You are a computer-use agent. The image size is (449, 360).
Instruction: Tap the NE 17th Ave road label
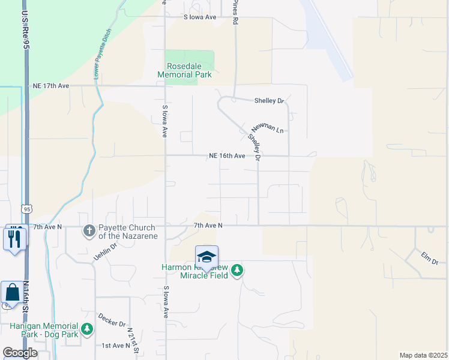point(52,86)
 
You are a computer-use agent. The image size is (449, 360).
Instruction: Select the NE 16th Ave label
point(227,155)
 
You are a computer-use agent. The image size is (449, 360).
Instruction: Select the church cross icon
point(89,230)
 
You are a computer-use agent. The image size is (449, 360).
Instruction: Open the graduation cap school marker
point(206,257)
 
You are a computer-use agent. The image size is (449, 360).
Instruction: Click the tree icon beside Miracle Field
point(237,271)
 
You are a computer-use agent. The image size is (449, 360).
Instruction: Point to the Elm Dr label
point(430,257)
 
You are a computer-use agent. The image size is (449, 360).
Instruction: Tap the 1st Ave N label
point(115,346)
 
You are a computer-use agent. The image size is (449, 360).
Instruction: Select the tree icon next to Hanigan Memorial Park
point(87,329)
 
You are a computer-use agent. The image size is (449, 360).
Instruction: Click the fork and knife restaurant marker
point(14,238)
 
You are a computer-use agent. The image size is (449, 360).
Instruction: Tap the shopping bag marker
point(11,293)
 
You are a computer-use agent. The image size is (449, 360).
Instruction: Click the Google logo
point(20,353)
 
